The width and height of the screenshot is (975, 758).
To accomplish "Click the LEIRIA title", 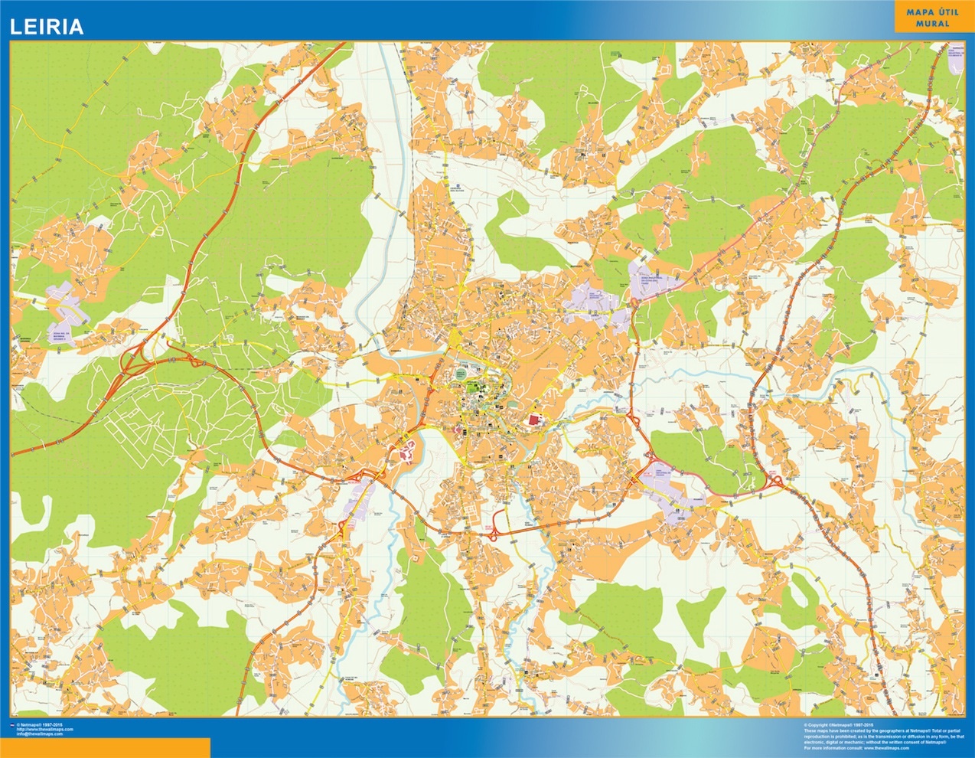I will point(46,28).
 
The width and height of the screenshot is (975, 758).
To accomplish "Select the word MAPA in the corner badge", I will point(920,11).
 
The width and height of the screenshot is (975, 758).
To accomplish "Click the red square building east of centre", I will point(534,420).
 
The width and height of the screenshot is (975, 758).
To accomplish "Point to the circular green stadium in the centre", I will point(461,374).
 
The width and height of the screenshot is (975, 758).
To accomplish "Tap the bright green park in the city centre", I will point(474,389).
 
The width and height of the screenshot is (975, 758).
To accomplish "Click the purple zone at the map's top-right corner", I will point(955,60).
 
